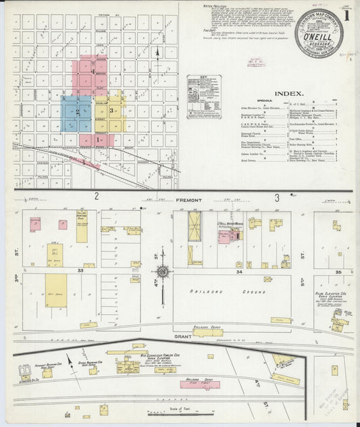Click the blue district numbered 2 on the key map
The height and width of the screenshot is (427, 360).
[x=77, y=112]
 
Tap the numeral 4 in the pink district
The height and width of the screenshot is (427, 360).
[x=93, y=74]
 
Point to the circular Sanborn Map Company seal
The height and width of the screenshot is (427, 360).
[x=314, y=33]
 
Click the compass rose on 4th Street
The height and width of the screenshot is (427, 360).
[x=162, y=273]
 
